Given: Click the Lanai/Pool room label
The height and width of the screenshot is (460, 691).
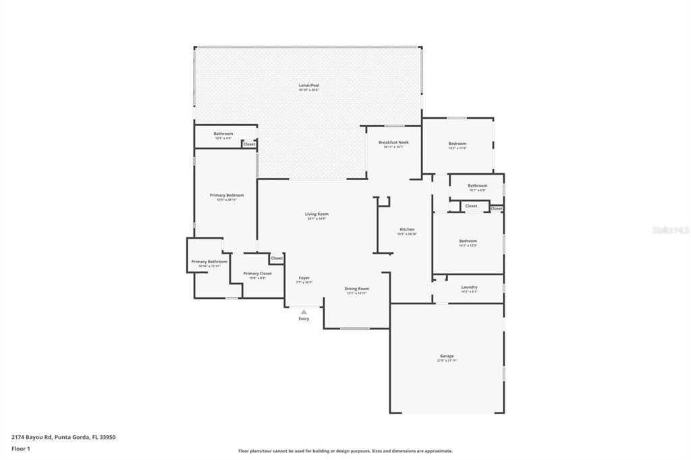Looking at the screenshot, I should tap(308, 86).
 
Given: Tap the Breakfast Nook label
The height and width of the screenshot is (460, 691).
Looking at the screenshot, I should tap(393, 142).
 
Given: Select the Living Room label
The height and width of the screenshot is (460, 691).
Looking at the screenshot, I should tap(316, 214).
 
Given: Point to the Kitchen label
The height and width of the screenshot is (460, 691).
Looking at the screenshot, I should tap(407, 229).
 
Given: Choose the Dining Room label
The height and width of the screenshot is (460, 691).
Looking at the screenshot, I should tap(357, 289).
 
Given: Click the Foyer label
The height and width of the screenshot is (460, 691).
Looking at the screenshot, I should tap(304, 278).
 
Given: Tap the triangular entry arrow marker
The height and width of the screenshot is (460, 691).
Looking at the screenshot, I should tap(304, 312).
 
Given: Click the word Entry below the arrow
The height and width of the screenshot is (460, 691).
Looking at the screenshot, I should tap(304, 319).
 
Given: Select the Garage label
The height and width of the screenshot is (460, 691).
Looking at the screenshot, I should tap(447, 356).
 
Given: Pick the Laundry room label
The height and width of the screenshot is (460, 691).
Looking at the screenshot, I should tap(469, 287).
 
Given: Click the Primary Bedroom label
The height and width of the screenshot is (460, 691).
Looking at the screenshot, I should tap(226, 195).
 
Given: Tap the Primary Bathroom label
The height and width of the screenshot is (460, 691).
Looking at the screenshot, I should tap(209, 262).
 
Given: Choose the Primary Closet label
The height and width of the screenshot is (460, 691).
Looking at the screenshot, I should tap(257, 274).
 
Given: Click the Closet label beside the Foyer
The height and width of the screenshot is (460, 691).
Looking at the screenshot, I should tap(277, 258).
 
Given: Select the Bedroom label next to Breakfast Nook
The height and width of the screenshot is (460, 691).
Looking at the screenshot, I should tap(458, 144).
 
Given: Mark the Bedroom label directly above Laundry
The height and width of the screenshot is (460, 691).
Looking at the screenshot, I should tap(468, 241).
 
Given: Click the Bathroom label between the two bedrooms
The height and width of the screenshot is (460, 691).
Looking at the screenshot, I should tap(477, 185).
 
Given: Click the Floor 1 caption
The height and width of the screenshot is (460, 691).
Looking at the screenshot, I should tap(21, 449).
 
